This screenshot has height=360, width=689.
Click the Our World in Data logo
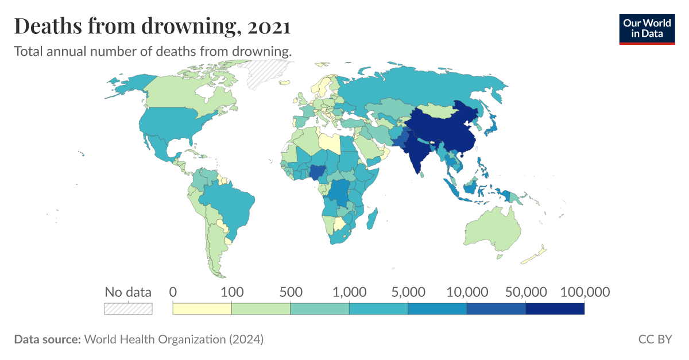point(647,27)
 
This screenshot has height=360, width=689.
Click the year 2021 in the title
point(268,26)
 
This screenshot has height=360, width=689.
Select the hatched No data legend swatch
point(128,309)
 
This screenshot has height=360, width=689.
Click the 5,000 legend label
point(408,292)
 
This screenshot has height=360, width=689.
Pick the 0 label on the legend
point(173,292)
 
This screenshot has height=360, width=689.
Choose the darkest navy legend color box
point(555,309)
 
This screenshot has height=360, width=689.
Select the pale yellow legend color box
point(202,309)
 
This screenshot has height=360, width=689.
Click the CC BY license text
point(655,339)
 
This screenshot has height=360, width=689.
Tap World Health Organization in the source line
point(155,339)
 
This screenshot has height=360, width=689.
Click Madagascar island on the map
point(372,219)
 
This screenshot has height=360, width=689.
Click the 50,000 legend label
point(525,292)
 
